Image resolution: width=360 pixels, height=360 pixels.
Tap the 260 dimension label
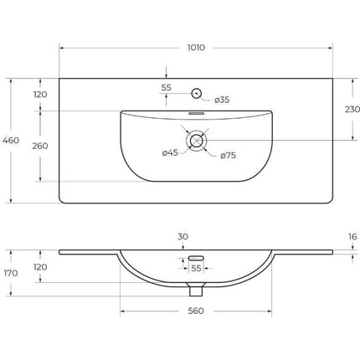[x=39, y=146]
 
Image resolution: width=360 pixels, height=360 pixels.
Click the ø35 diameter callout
[x=222, y=100]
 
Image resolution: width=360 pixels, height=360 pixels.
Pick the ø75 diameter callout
[x=227, y=155]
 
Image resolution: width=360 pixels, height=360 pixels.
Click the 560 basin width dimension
[x=196, y=311]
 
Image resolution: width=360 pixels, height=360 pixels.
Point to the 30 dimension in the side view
[x=183, y=238]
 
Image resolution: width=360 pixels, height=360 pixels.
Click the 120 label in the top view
[x=39, y=95]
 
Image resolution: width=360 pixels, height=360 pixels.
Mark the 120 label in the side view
[x=39, y=267]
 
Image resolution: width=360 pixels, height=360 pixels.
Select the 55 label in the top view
[x=166, y=87]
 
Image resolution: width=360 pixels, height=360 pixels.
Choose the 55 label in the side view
[x=196, y=268]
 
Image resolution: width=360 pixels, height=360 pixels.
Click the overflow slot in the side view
[x=196, y=257]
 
